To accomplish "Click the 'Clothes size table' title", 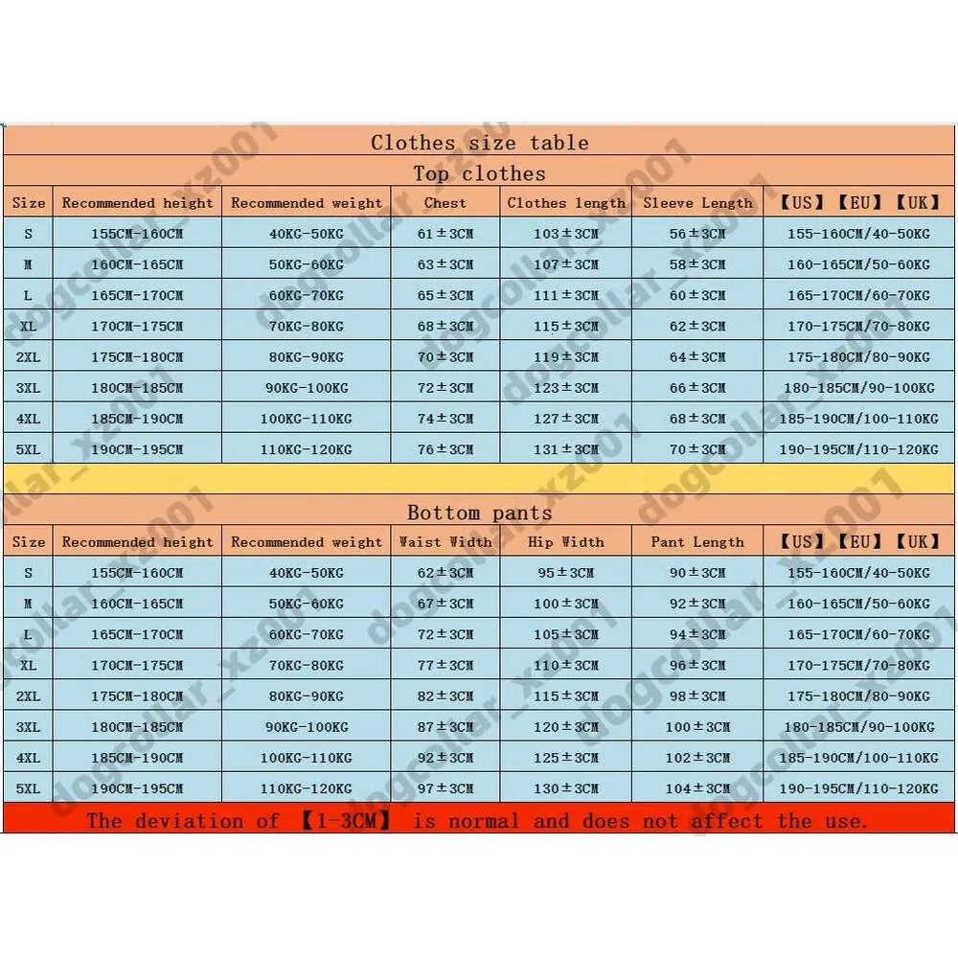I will (x=479, y=143).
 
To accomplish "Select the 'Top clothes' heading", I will (x=479, y=173).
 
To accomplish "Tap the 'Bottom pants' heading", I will (x=479, y=513).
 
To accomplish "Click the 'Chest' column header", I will (x=445, y=203).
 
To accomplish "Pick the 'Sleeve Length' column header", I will (x=697, y=203).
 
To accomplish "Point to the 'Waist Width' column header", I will (x=445, y=542).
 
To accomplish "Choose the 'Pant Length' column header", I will (x=697, y=542).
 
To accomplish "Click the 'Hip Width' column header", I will (x=565, y=542).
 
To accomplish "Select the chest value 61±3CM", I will (x=445, y=234).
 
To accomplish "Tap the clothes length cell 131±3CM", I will (x=565, y=449).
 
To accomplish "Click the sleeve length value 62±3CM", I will (x=697, y=327).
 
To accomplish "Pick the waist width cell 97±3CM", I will (x=445, y=788).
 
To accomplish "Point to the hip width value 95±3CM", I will (x=565, y=573).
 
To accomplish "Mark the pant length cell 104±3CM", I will (x=697, y=788).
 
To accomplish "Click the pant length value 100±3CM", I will (x=697, y=727).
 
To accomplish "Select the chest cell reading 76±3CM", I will (x=445, y=449).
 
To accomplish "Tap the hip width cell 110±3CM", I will (x=565, y=665).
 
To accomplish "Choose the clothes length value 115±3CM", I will (x=565, y=327).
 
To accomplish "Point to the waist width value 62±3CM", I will (x=445, y=573).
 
